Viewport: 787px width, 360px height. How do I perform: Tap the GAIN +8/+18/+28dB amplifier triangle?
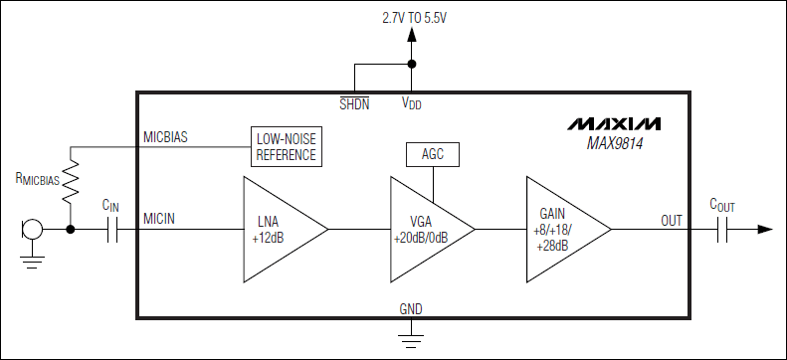561,229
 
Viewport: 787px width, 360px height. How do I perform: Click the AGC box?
433,154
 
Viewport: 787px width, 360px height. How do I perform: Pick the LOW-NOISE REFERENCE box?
286,147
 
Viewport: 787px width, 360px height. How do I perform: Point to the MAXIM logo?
614,124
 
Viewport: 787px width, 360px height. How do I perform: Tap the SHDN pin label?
354,102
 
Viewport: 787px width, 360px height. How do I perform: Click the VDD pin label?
411,103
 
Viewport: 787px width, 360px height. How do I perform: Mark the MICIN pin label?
160,218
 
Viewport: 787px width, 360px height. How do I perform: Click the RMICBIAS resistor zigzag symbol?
71,179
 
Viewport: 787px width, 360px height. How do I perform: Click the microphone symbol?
31,231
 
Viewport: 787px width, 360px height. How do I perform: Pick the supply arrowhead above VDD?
411,36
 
